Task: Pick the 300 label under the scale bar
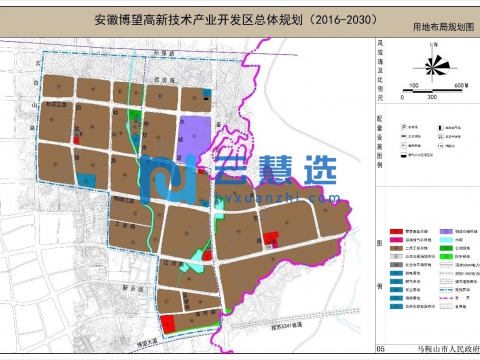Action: pyautogui.click(x=432, y=98)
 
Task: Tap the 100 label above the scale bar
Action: pyautogui.click(x=412, y=87)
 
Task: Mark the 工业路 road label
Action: pyautogui.click(x=128, y=227)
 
